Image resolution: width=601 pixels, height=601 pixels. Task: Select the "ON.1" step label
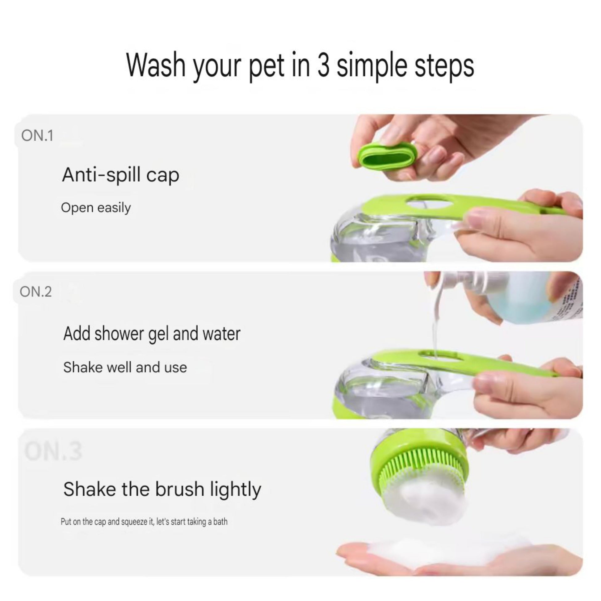click(37, 136)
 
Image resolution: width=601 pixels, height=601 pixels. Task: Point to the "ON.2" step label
click(36, 292)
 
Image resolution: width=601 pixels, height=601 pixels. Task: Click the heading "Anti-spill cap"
click(121, 175)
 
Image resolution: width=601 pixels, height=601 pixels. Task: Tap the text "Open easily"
click(96, 208)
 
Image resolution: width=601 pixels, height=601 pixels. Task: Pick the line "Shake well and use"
click(125, 368)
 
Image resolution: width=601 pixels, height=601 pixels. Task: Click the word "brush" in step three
click(180, 489)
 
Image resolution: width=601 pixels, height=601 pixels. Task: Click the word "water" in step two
click(221, 334)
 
